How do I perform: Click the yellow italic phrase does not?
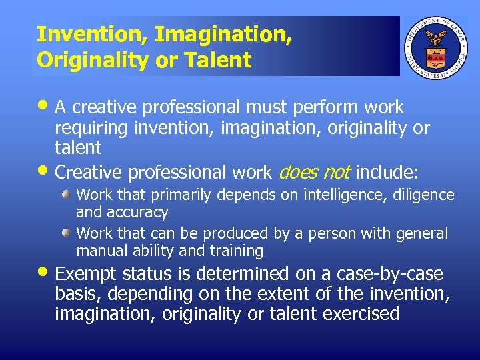coord(313,173)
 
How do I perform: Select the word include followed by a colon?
coord(387,173)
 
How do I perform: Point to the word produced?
coord(229,234)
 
